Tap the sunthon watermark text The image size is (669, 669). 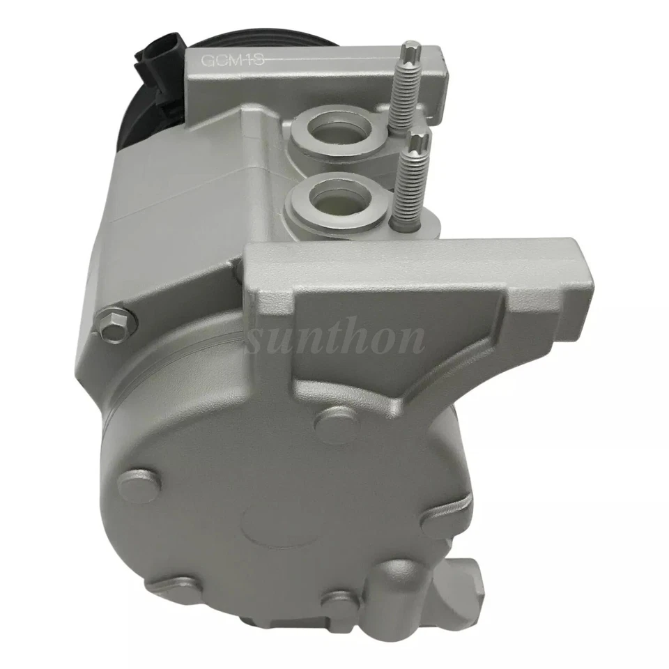pyautogui.click(x=337, y=339)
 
